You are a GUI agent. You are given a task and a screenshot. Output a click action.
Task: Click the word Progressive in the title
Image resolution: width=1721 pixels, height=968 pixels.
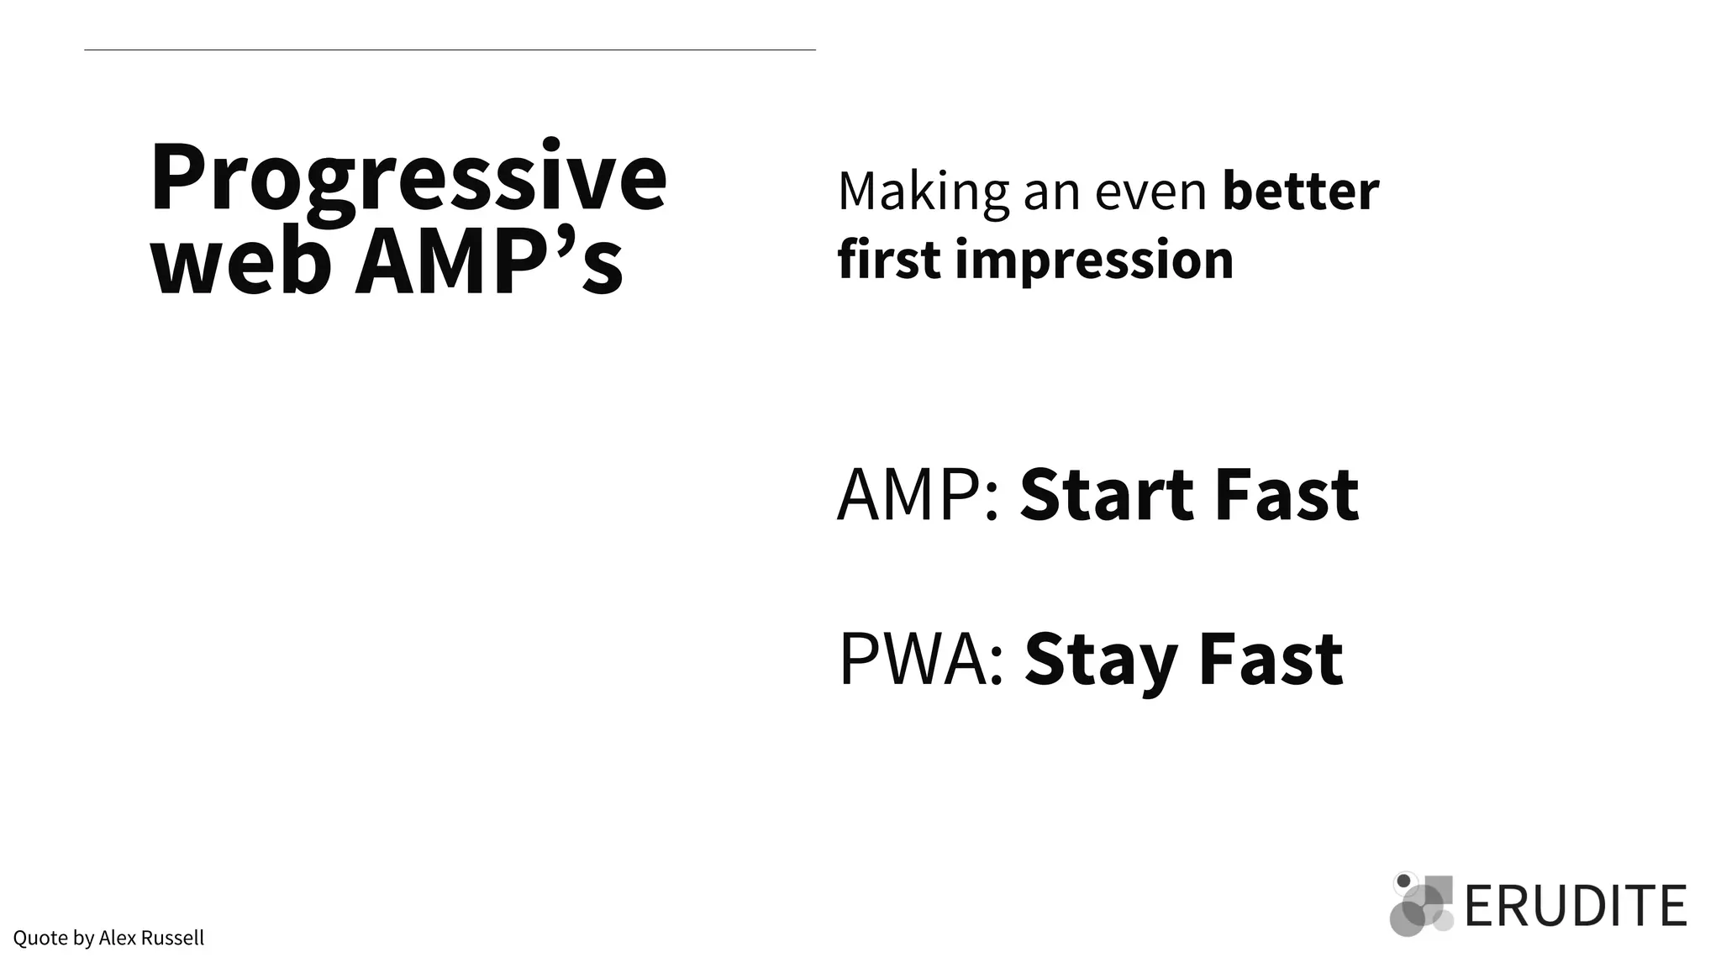(x=408, y=179)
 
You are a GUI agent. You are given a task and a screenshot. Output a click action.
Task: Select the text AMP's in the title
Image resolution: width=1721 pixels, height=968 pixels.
(x=489, y=263)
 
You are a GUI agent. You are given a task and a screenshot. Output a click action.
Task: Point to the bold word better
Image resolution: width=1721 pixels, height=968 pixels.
(x=1300, y=192)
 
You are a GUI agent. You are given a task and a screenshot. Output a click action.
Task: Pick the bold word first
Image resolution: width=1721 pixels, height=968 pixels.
(x=889, y=260)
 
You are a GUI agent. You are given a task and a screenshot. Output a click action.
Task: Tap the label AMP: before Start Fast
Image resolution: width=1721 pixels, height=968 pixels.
(x=918, y=496)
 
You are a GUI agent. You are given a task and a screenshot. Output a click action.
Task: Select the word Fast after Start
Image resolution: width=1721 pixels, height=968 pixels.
(x=1287, y=496)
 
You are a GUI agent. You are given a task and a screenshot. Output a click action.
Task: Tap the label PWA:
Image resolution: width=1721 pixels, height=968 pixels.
(x=921, y=660)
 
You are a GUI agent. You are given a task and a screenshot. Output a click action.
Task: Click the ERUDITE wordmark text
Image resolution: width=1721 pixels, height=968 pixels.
(x=1575, y=906)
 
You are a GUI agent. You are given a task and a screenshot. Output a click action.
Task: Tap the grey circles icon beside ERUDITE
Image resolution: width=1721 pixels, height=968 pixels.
(x=1421, y=906)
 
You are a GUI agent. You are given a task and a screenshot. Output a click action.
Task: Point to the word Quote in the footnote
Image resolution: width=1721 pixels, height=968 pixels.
(x=40, y=938)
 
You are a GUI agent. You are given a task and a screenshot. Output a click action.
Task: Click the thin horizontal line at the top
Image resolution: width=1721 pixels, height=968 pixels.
(x=450, y=50)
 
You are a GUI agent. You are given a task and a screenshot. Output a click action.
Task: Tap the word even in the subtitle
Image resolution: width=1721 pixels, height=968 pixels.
(x=1150, y=192)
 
